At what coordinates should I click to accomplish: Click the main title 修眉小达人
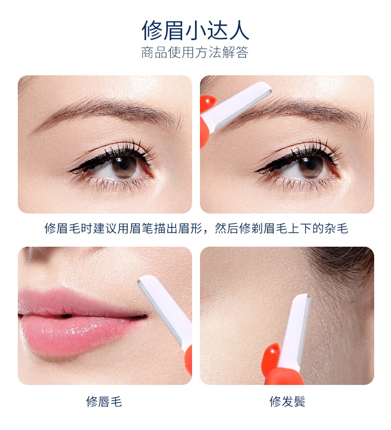pos(195,30)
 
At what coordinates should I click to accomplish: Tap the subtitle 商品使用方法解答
pos(195,52)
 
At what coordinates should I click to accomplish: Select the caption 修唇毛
pos(104,402)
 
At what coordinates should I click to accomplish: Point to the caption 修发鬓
pos(287,402)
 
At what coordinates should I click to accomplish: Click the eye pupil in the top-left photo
pos(124,163)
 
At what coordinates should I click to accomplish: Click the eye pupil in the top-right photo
pos(311,163)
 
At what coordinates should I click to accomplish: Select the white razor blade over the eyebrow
pos(241,106)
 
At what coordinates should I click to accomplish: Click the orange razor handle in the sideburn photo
pos(282,366)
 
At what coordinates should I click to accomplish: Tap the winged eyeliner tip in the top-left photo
pos(69,171)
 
